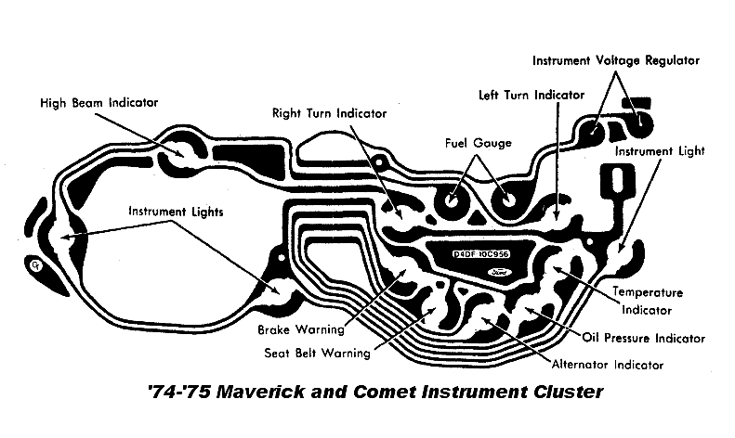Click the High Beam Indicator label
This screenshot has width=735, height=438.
99,102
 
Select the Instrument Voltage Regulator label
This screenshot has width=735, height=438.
615,60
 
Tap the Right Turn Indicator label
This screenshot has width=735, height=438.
330,113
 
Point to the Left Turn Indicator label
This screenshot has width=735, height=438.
531,95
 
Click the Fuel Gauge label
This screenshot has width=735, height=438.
479,143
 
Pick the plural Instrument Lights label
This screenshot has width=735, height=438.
177,211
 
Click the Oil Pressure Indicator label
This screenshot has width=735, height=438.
642,338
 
